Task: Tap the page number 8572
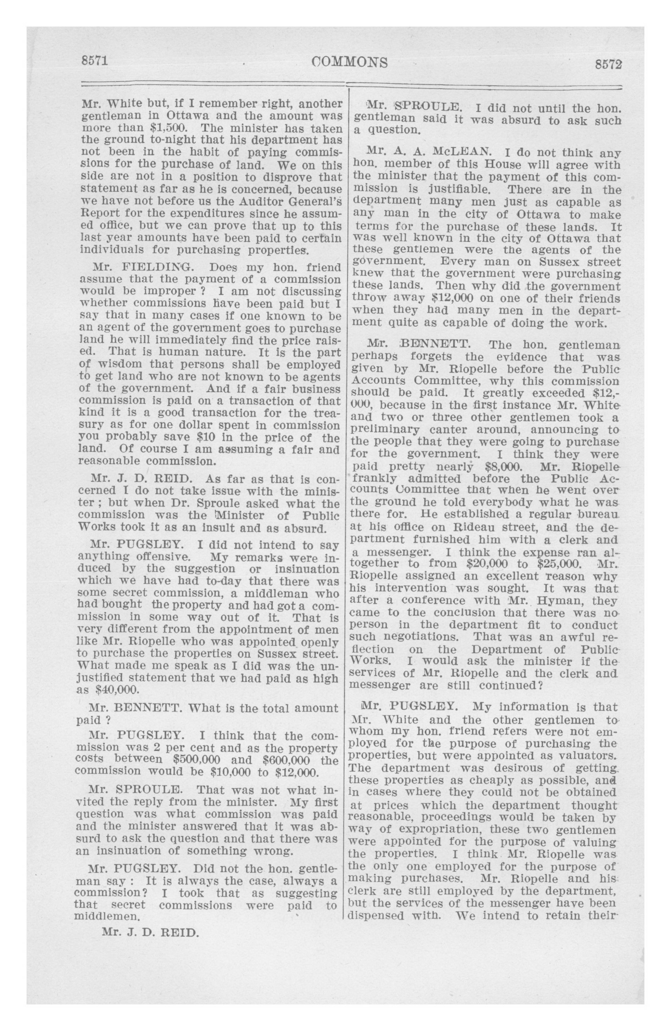tap(608, 65)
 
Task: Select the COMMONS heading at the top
tap(349, 63)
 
